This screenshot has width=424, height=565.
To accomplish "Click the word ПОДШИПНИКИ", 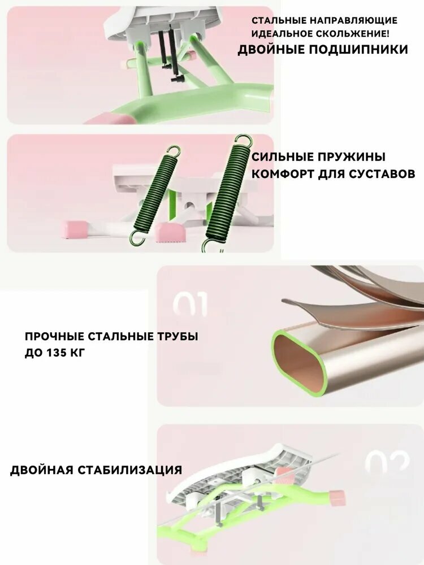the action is [358, 49].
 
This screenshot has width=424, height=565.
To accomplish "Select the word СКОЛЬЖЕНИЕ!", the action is [348, 34].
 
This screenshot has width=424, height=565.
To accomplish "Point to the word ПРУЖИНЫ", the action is [352, 157].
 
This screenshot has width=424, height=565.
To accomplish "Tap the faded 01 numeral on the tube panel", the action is [190, 304].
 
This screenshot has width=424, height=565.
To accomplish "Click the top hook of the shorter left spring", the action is [175, 151].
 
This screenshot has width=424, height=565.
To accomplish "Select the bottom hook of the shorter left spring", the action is [137, 237].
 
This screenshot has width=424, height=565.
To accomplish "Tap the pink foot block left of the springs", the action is [75, 229].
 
